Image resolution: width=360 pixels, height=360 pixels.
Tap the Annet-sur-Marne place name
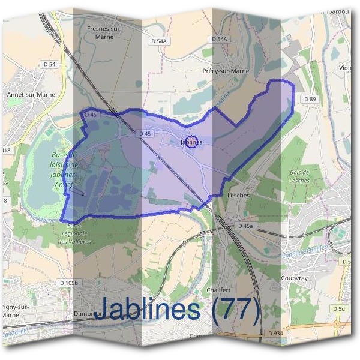(26, 94)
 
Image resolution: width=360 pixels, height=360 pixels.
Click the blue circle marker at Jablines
(191, 142)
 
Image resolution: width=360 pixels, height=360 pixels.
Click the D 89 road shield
(310, 99)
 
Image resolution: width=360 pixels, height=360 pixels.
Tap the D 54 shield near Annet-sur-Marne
(49, 64)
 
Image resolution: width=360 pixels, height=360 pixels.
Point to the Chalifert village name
(218, 289)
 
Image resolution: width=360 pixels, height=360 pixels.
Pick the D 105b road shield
(70, 282)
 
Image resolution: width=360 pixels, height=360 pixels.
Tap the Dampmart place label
(88, 313)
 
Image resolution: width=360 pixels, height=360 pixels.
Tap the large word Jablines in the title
(148, 308)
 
